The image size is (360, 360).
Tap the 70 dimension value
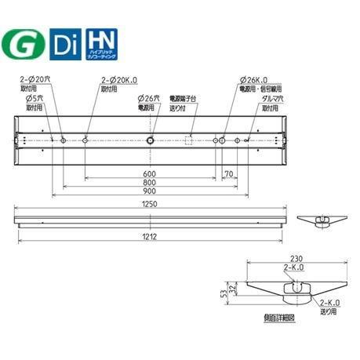coord(229,175)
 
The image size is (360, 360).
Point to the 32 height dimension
coord(233,289)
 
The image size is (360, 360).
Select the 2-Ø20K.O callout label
coord(118,80)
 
